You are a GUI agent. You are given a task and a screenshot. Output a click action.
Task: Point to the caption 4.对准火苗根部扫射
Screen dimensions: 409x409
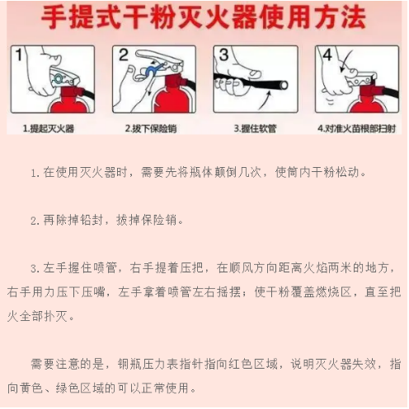(357, 129)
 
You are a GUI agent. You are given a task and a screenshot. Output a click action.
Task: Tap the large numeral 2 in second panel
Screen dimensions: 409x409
(123, 56)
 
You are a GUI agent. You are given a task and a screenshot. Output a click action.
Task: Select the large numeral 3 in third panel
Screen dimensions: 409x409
(223, 57)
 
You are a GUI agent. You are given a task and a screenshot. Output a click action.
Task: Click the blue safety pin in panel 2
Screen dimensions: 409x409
(151, 71)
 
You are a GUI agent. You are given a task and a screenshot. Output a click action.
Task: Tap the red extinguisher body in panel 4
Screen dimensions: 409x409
(364, 103)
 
